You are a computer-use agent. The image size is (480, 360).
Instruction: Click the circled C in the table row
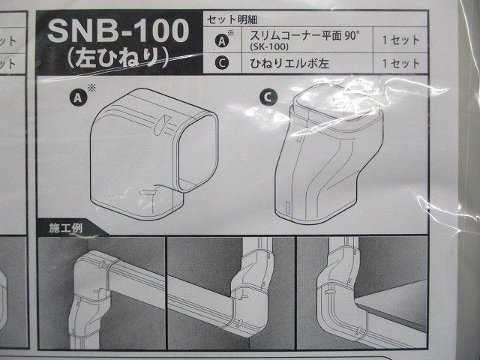coord(222,63)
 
